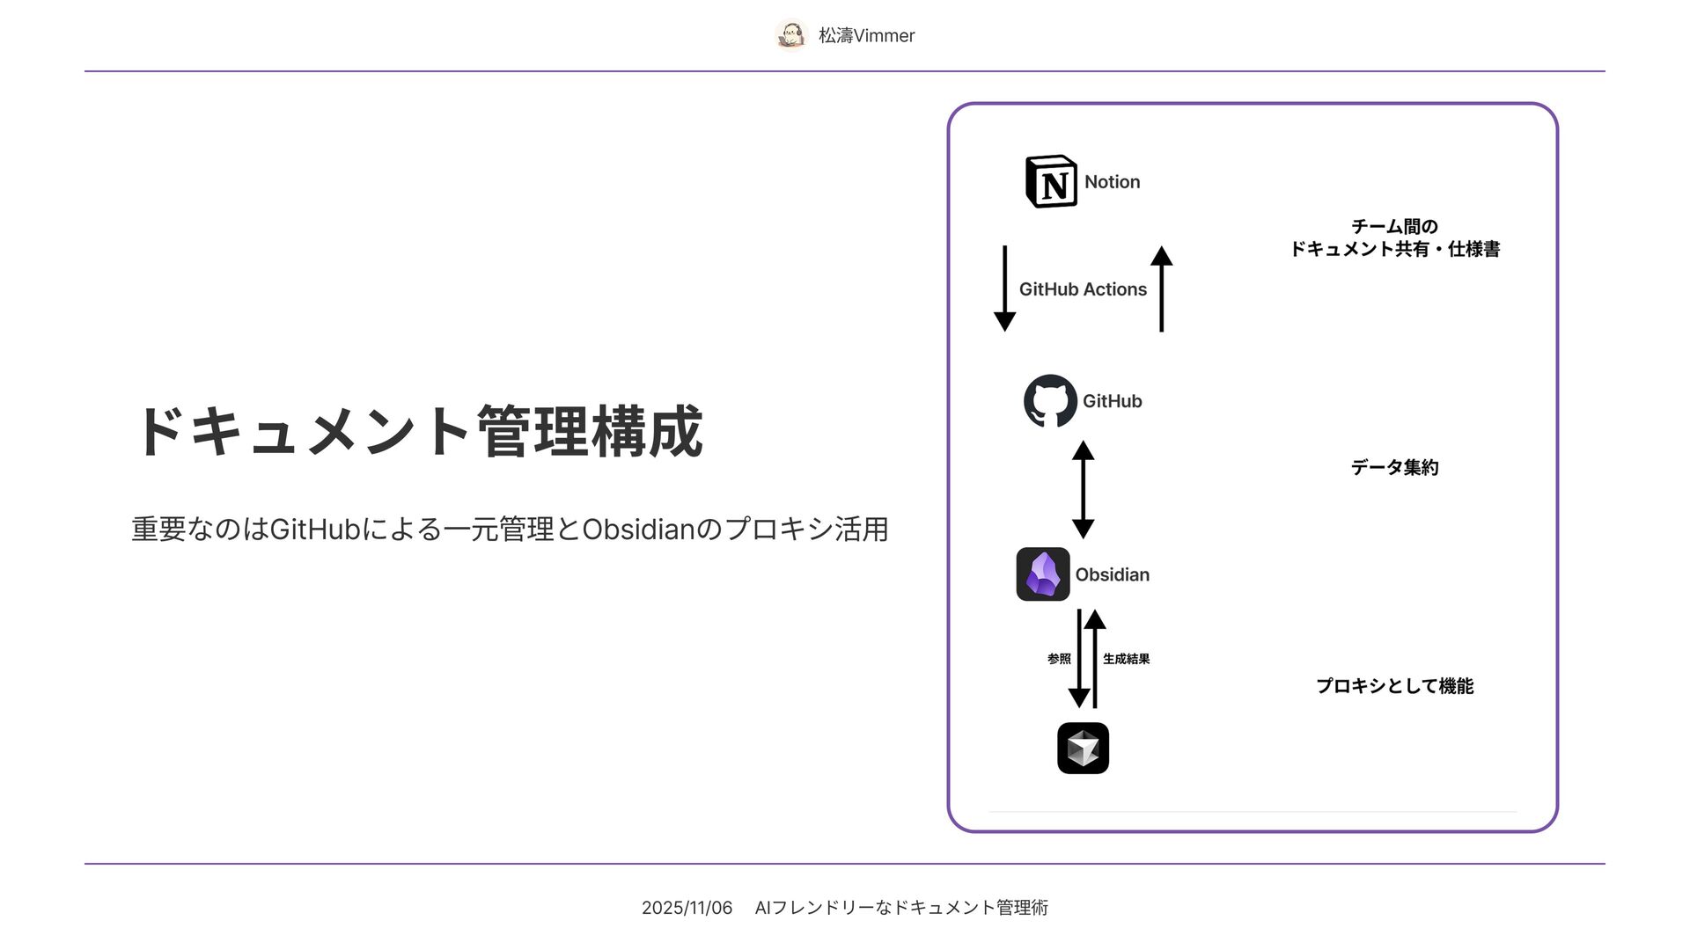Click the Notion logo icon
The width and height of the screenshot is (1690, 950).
tap(1051, 182)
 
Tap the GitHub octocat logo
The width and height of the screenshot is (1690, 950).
tap(1050, 401)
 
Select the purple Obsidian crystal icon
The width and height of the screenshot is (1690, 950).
tap(1043, 574)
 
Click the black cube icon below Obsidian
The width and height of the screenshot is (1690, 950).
tap(1083, 749)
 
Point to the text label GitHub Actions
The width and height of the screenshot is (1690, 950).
tap(1083, 289)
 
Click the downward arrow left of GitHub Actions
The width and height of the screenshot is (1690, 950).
tap(1004, 289)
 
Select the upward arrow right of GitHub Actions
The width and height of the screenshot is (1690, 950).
tap(1161, 289)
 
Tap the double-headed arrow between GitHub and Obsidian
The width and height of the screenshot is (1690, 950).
tap(1083, 489)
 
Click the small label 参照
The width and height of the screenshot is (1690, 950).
tap(1059, 659)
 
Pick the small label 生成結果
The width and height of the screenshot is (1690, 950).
tap(1126, 659)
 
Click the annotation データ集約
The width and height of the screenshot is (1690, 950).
tap(1394, 468)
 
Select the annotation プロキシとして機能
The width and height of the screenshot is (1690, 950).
tap(1394, 686)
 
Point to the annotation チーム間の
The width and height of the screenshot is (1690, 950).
tap(1394, 227)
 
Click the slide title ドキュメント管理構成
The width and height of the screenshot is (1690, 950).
tap(418, 432)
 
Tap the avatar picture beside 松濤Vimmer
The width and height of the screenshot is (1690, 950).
tap(791, 35)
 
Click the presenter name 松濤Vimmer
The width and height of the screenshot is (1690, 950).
tap(866, 36)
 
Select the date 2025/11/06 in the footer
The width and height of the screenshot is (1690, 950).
tap(687, 908)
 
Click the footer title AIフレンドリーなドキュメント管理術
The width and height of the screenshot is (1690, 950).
tap(901, 908)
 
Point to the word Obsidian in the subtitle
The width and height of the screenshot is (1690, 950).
tap(638, 530)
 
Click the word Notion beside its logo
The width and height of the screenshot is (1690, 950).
tap(1112, 182)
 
